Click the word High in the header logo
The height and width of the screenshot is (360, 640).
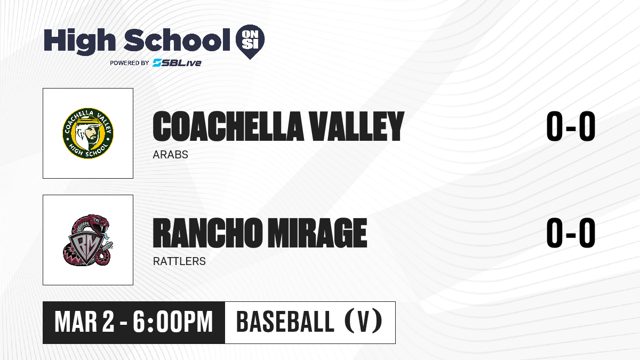79,41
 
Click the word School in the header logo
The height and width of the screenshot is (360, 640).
177,39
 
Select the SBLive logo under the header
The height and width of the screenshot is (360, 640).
177,63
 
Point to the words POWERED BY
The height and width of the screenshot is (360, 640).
130,63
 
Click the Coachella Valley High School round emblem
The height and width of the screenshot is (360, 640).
88,133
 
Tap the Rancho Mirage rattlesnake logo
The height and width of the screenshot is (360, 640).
88,240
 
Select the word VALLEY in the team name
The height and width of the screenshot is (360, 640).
357,126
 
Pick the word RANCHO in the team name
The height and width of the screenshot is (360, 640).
207,233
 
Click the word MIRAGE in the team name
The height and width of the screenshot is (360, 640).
317,233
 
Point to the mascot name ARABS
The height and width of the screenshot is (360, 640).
170,155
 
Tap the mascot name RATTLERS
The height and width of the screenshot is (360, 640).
179,261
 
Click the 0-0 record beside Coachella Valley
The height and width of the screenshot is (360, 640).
571,126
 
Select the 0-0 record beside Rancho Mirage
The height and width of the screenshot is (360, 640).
571,233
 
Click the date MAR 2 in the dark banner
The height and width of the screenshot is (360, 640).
84,322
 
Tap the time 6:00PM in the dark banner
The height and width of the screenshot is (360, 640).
173,322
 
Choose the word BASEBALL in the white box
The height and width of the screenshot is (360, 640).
285,322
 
